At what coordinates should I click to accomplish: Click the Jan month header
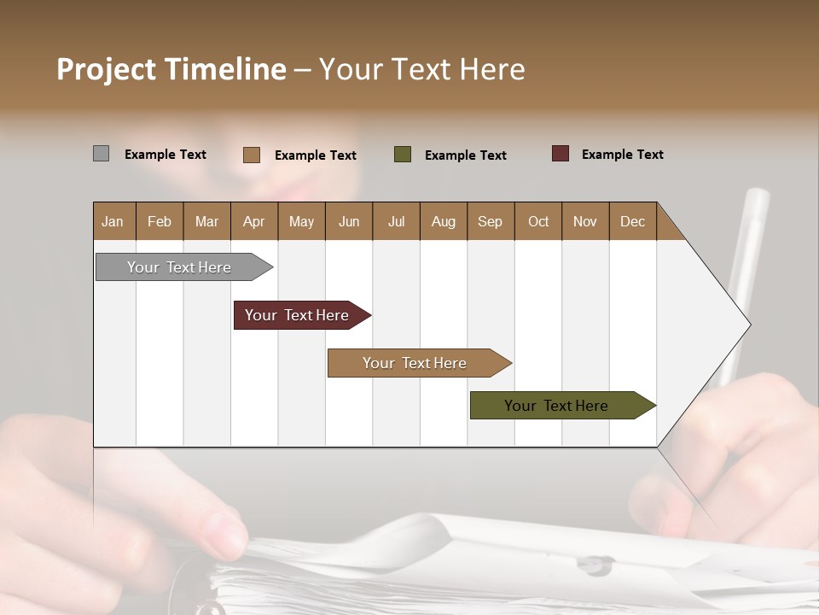[113, 221]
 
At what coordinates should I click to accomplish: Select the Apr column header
[253, 221]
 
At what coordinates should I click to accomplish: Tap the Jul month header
[396, 221]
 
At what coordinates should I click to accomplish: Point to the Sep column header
[490, 221]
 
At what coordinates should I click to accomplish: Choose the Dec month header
[632, 221]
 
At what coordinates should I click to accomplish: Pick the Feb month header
[160, 221]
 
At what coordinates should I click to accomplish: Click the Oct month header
[538, 221]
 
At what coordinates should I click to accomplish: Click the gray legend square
[101, 154]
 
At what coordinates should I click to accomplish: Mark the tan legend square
[252, 155]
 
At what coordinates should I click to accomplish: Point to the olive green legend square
[403, 155]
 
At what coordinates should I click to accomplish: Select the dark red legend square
[560, 154]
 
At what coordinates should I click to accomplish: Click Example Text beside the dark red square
[622, 155]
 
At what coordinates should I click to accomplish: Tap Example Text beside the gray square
[165, 155]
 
